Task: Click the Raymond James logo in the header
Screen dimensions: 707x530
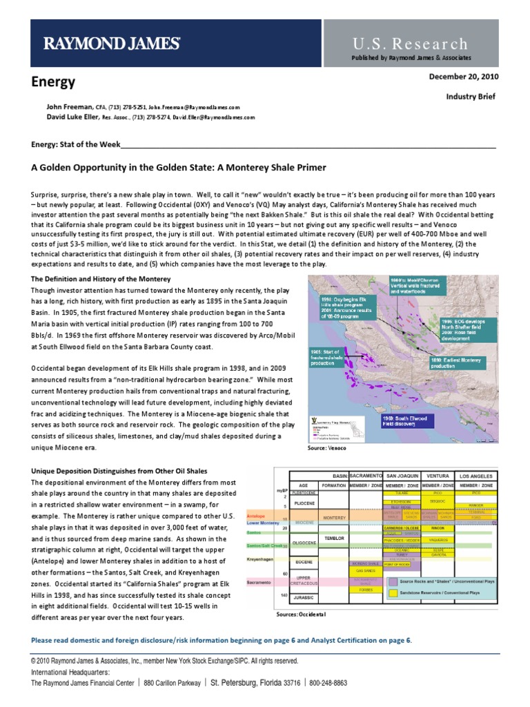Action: (112, 44)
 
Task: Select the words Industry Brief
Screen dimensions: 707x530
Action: (472, 97)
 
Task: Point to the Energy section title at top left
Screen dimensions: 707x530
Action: (53, 82)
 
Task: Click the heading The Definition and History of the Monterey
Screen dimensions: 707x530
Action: (101, 279)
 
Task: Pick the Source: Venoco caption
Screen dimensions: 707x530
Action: (328, 448)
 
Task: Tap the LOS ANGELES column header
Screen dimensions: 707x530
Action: (477, 476)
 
